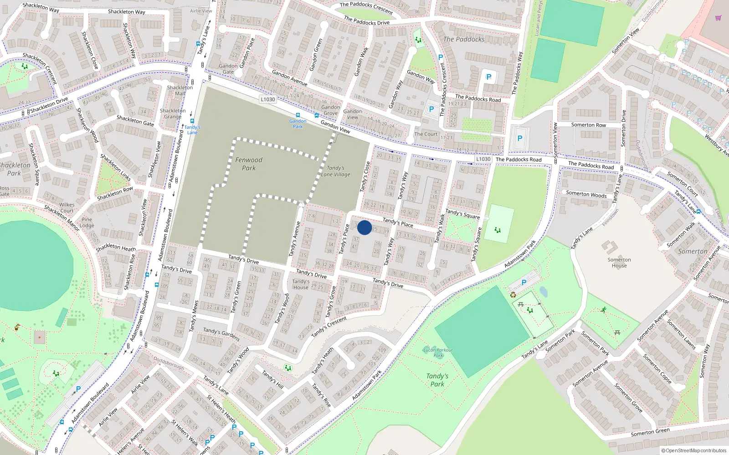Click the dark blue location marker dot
[364, 227]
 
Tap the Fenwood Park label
[249, 164]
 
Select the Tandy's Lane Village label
[336, 171]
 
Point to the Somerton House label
[619, 263]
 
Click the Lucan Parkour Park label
[438, 353]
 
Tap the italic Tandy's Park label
[437, 380]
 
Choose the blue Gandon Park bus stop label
[298, 124]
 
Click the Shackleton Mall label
[180, 90]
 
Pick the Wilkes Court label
[67, 207]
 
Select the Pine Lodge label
[87, 222]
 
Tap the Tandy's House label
[301, 284]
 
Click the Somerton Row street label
[589, 125]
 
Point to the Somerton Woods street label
[586, 194]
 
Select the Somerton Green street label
[650, 432]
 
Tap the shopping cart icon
[718, 18]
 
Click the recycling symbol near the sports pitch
[513, 295]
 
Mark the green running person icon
[604, 310]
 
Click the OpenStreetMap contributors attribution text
[694, 450]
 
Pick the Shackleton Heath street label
[116, 247]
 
